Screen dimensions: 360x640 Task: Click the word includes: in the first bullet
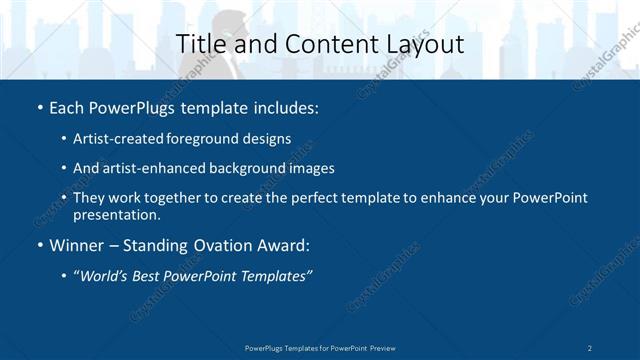point(282,106)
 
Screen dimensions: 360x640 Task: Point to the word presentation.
point(116,214)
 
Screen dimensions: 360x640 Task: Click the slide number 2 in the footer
point(590,347)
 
